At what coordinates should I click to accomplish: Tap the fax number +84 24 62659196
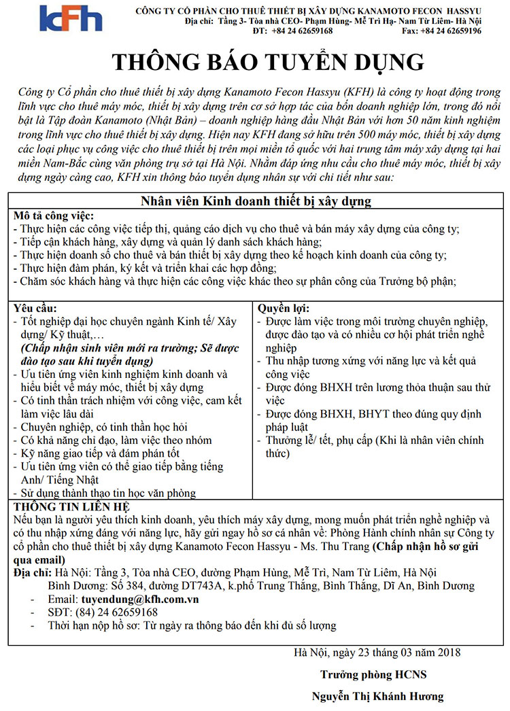point(452,31)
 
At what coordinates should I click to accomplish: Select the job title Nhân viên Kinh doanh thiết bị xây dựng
point(255,202)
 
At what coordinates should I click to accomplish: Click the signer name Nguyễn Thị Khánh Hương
point(377,696)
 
